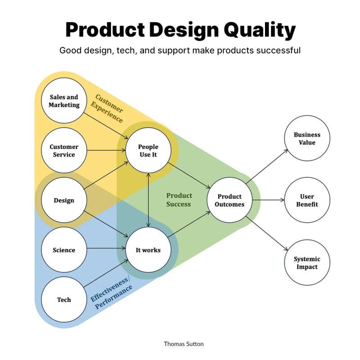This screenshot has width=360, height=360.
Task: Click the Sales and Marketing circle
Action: pos(64,101)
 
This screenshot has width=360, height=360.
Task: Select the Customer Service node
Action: pos(64,151)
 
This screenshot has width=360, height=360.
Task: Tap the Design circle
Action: pos(64,200)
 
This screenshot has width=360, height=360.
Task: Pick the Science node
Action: pos(64,250)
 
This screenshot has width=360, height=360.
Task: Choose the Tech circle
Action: pos(64,300)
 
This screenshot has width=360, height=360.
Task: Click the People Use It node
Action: pos(148,151)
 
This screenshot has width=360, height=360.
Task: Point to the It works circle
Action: pos(148,250)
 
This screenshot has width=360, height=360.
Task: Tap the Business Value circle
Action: pos(307,139)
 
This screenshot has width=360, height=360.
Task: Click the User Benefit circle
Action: pos(307,200)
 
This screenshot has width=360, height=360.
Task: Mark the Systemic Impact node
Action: pos(307,263)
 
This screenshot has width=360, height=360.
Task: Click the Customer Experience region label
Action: pos(108,108)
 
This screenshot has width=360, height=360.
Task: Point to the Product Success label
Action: pos(179,200)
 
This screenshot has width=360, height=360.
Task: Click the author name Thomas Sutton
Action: pos(184,344)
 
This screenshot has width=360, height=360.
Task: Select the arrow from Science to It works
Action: pos(106,250)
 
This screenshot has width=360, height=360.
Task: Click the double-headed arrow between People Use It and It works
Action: pos(148,200)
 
